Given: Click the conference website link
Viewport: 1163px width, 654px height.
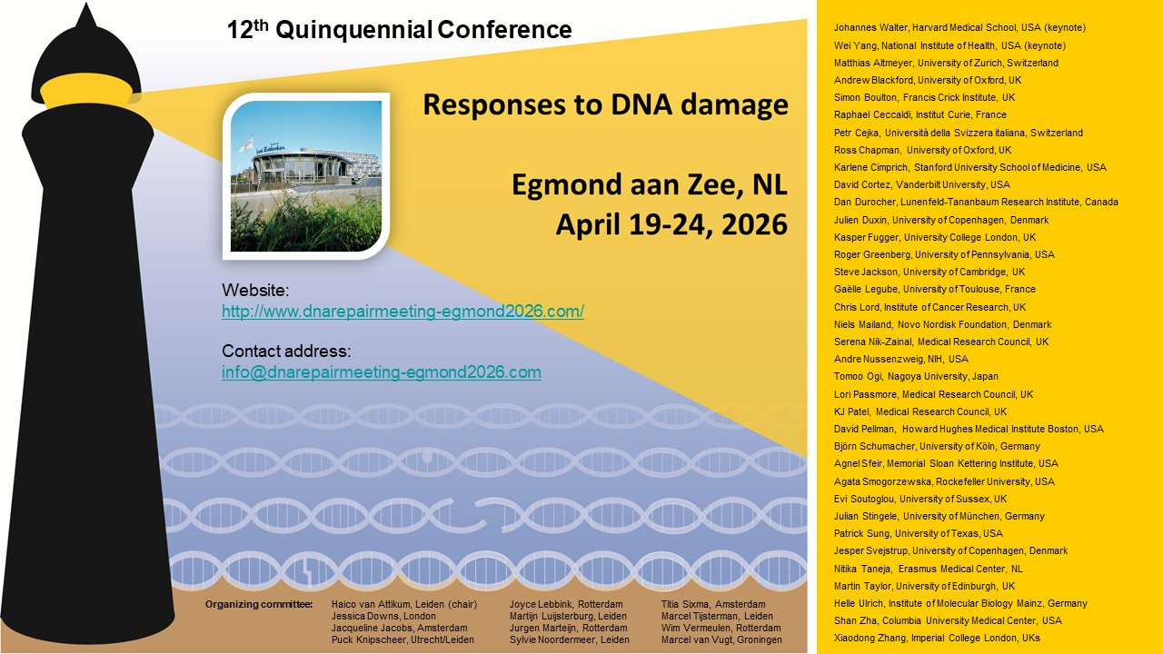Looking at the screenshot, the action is click(403, 312).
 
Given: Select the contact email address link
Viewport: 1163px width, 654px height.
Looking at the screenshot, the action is click(382, 372).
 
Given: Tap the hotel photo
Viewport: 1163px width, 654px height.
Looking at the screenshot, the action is click(306, 176).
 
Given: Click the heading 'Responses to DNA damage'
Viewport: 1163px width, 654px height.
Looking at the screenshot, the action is click(605, 104).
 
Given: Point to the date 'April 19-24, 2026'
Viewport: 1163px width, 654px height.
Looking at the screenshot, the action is click(671, 224).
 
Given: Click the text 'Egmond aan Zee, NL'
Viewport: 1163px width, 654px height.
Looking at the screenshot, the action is click(650, 184).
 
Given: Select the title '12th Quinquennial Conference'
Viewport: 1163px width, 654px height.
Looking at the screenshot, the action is click(399, 30).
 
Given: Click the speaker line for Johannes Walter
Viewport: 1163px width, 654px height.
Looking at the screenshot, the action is click(959, 27).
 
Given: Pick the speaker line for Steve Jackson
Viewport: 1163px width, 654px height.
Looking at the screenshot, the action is click(929, 272).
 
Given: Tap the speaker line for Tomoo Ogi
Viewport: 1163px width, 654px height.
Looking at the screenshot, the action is click(916, 376).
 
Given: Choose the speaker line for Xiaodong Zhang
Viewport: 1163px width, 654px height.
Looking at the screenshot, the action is click(937, 638).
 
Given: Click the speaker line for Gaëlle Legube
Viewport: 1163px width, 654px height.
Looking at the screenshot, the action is click(935, 289).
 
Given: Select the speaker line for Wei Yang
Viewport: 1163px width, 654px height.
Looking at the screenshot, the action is click(949, 45).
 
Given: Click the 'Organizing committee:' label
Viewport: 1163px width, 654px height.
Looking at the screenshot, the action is click(259, 604).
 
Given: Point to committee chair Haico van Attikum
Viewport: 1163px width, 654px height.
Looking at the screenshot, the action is click(404, 604).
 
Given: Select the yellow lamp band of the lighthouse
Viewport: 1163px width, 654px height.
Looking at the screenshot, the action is click(86, 92).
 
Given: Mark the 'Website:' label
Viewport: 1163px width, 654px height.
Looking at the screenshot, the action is click(255, 290).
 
